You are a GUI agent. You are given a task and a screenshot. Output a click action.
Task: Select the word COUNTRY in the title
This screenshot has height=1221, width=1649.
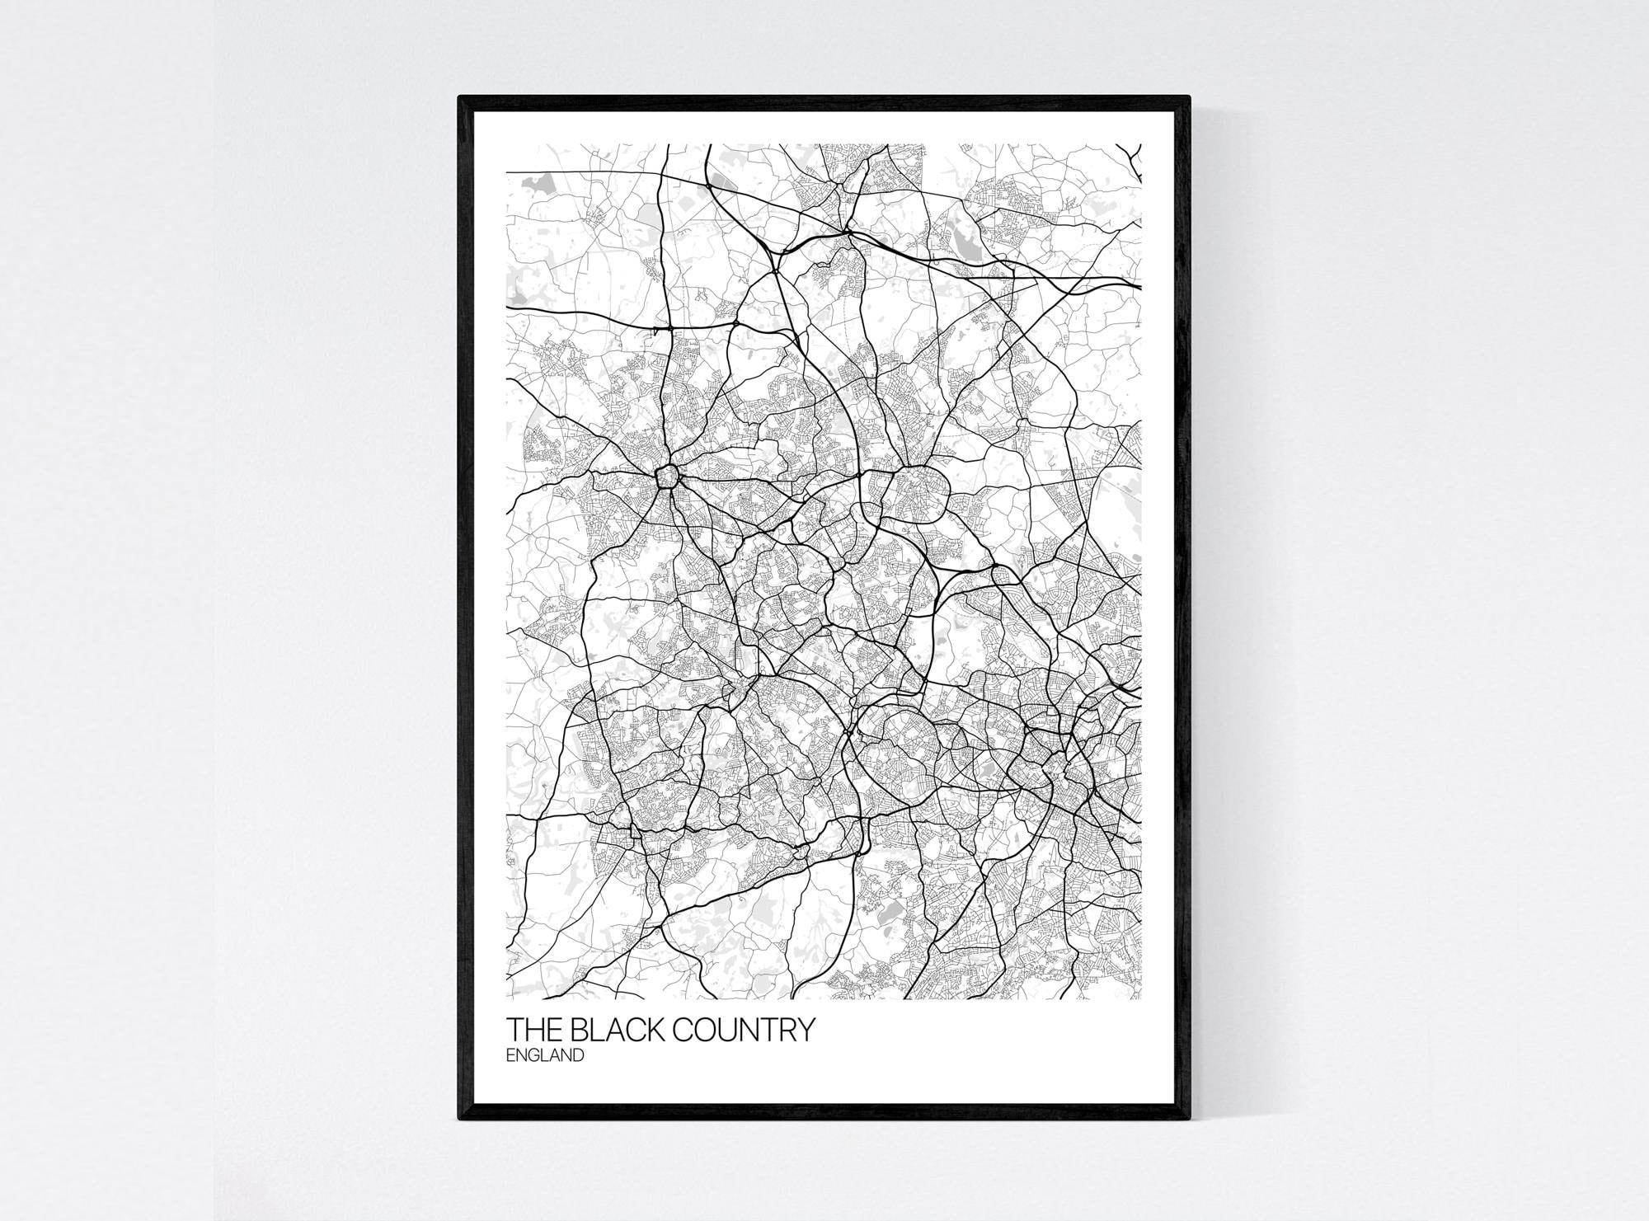click(745, 1031)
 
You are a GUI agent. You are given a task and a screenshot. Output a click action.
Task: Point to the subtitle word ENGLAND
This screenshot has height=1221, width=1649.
click(545, 1055)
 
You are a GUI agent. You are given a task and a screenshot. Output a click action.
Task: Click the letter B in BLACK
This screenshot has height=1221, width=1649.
click(574, 1031)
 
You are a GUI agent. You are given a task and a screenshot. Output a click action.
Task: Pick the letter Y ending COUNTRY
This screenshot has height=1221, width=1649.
click(805, 1031)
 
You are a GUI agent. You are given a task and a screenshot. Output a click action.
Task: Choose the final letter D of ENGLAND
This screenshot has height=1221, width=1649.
click(579, 1055)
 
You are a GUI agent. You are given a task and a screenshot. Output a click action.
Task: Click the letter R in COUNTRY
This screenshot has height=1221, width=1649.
click(789, 1031)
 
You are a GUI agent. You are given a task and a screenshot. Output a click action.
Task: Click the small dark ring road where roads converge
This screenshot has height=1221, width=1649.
click(666, 476)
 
